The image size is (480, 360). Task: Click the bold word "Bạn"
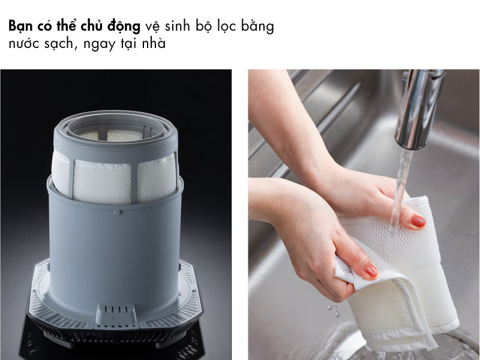(x=22, y=28)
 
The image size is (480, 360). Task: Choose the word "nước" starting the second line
(x=25, y=45)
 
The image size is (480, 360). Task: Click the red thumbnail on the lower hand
(x=371, y=271)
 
